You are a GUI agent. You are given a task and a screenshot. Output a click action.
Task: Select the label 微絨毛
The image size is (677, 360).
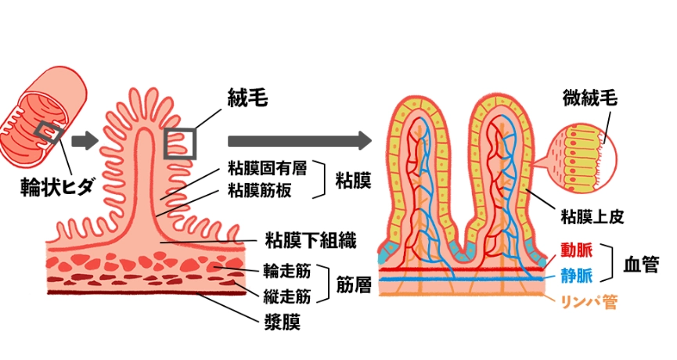coord(589,99)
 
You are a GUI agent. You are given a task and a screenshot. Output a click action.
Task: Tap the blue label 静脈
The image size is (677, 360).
coord(576,275)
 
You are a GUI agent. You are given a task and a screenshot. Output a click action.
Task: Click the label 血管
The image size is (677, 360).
coord(640,264)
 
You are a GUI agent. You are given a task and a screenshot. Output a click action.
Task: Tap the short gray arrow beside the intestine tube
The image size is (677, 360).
coord(84,141)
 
